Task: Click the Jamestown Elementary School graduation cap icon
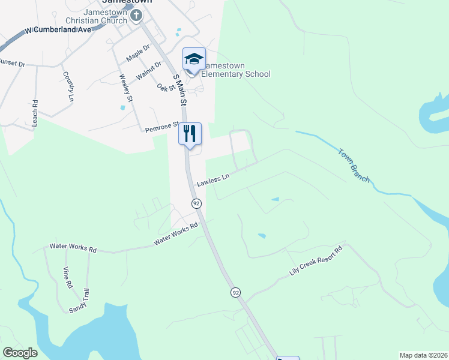(x=194, y=59)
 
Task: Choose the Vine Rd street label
(x=67, y=277)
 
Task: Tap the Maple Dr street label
(x=137, y=53)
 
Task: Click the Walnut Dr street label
(x=149, y=70)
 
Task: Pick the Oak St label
(x=165, y=88)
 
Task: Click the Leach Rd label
(x=35, y=112)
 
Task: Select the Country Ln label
(x=68, y=86)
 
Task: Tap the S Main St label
(x=179, y=90)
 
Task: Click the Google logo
(x=20, y=353)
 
